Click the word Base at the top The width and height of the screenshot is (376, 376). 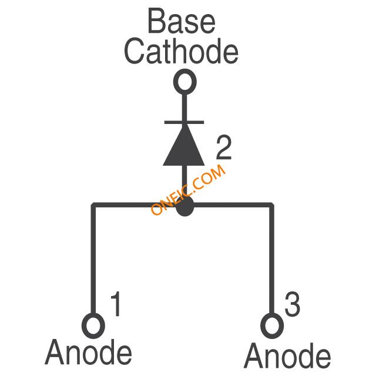(x=182, y=22)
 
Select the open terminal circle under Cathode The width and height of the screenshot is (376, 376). (x=184, y=82)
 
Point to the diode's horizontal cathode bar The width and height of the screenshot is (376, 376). (x=184, y=122)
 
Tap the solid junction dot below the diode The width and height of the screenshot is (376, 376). (x=184, y=206)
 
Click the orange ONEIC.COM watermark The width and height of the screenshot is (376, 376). (x=188, y=189)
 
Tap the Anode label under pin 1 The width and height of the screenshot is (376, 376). (x=89, y=352)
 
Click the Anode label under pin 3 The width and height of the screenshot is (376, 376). (x=287, y=356)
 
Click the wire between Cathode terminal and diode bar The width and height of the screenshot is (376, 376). (x=184, y=106)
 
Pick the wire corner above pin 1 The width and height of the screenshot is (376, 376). (x=93, y=205)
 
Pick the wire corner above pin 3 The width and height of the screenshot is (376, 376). (x=271, y=205)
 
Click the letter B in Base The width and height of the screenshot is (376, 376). (x=155, y=22)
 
